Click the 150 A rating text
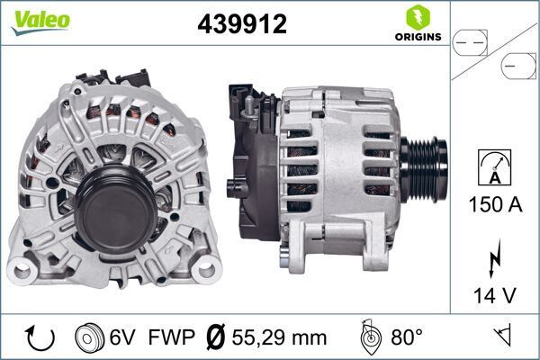click(495, 204)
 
